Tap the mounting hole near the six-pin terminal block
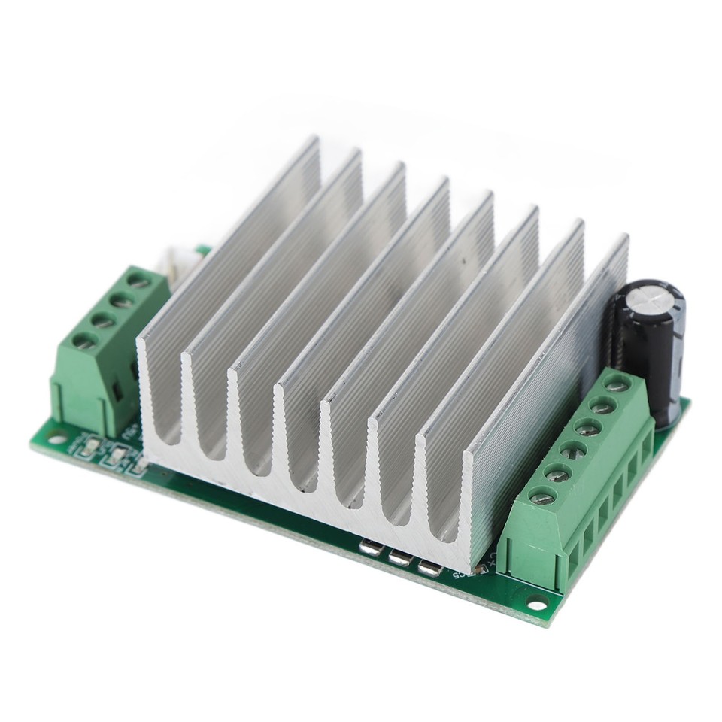[537, 602]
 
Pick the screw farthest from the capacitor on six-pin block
[541, 496]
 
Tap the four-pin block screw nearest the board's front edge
[85, 341]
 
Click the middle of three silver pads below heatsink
[399, 557]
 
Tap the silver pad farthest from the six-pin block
[371, 548]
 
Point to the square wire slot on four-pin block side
[119, 391]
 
